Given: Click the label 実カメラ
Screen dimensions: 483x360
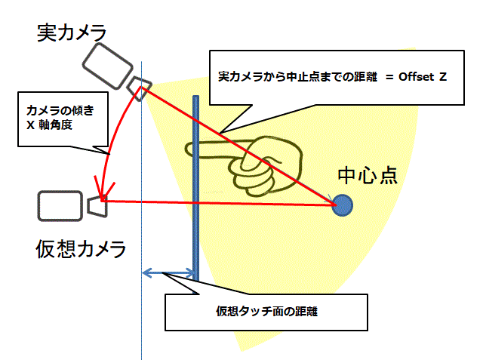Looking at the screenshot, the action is pos(72,32).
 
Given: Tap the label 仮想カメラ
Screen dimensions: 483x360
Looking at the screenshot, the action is pos(81,249).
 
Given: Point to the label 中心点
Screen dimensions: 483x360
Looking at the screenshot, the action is pos(368,176).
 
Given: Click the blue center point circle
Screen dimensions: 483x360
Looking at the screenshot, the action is pos(343,205).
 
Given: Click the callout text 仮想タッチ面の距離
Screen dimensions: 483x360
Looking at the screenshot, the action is pos(266,312).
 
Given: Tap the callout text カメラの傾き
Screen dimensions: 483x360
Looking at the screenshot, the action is pos(60,110).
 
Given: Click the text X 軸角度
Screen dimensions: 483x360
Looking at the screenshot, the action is pos(49,125).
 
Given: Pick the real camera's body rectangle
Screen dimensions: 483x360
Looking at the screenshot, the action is pos(107,66).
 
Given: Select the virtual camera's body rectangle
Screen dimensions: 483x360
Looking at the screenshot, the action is pos(60,206).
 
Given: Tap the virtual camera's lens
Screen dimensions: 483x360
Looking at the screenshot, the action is pos(97,207).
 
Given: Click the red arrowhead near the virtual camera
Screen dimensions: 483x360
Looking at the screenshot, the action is pos(103,189).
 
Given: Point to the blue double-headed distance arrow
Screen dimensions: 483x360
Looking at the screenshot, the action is pos(168,272).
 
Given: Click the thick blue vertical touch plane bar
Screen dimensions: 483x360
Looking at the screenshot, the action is pos(196,188).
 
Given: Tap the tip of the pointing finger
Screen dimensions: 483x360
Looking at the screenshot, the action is pos(186,149).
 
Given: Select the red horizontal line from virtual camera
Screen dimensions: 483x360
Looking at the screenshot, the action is pos(219,202).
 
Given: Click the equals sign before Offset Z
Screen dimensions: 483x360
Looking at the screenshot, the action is pos(389,77).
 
